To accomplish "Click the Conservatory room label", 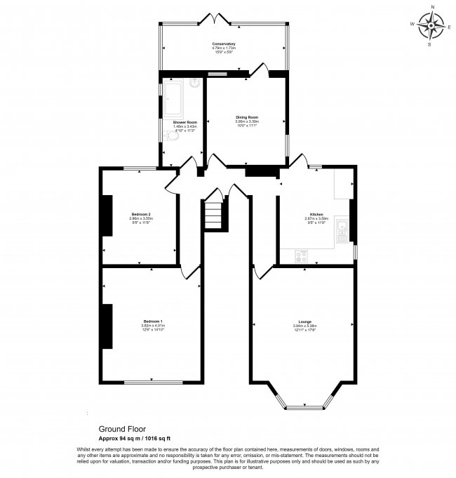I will click(x=224, y=44).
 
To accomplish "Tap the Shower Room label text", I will click(x=185, y=122).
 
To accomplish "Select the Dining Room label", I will click(x=247, y=117).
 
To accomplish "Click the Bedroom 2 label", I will click(x=141, y=214).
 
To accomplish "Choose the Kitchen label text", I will click(x=316, y=214).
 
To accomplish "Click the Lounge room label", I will click(x=304, y=321).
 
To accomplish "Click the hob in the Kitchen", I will click(x=304, y=256).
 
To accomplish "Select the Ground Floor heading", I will click(x=118, y=427).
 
